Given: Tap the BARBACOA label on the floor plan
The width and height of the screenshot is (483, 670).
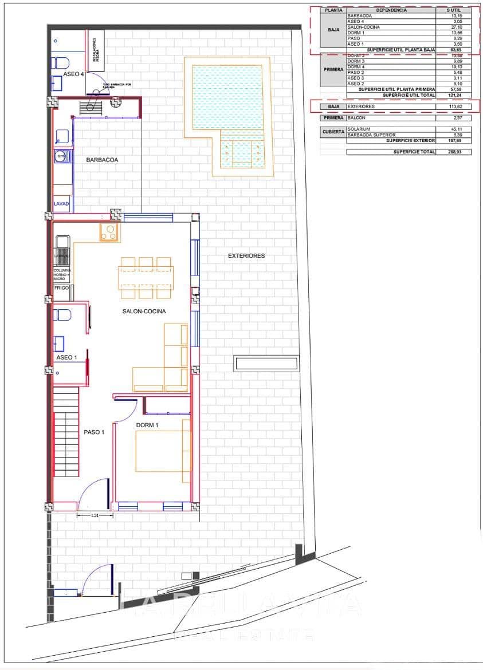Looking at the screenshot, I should pyautogui.click(x=102, y=160).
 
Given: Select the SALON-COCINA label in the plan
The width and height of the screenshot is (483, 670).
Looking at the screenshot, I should pyautogui.click(x=144, y=312).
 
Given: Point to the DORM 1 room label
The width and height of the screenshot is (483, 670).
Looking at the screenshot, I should pyautogui.click(x=147, y=425).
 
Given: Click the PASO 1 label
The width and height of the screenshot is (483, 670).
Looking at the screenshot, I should pyautogui.click(x=94, y=432).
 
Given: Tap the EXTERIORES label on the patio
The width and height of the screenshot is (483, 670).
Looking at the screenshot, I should pyautogui.click(x=246, y=256).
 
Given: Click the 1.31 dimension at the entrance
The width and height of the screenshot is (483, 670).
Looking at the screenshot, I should pyautogui.click(x=95, y=515).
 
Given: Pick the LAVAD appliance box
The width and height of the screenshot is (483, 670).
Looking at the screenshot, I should pyautogui.click(x=61, y=204).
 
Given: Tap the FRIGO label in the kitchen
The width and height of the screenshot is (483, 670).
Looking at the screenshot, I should pyautogui.click(x=61, y=289).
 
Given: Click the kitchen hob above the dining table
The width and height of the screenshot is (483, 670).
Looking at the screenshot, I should pyautogui.click(x=109, y=232).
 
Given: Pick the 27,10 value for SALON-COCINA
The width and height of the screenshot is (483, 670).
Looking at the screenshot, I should pyautogui.click(x=457, y=27).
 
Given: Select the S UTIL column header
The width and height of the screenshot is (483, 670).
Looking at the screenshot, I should pyautogui.click(x=457, y=10).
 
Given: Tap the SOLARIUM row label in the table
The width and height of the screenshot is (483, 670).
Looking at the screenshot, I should pyautogui.click(x=359, y=129).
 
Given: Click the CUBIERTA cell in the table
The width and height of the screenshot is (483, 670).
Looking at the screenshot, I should pyautogui.click(x=333, y=132).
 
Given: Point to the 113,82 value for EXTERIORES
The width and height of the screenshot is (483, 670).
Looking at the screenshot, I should pyautogui.click(x=457, y=107).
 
